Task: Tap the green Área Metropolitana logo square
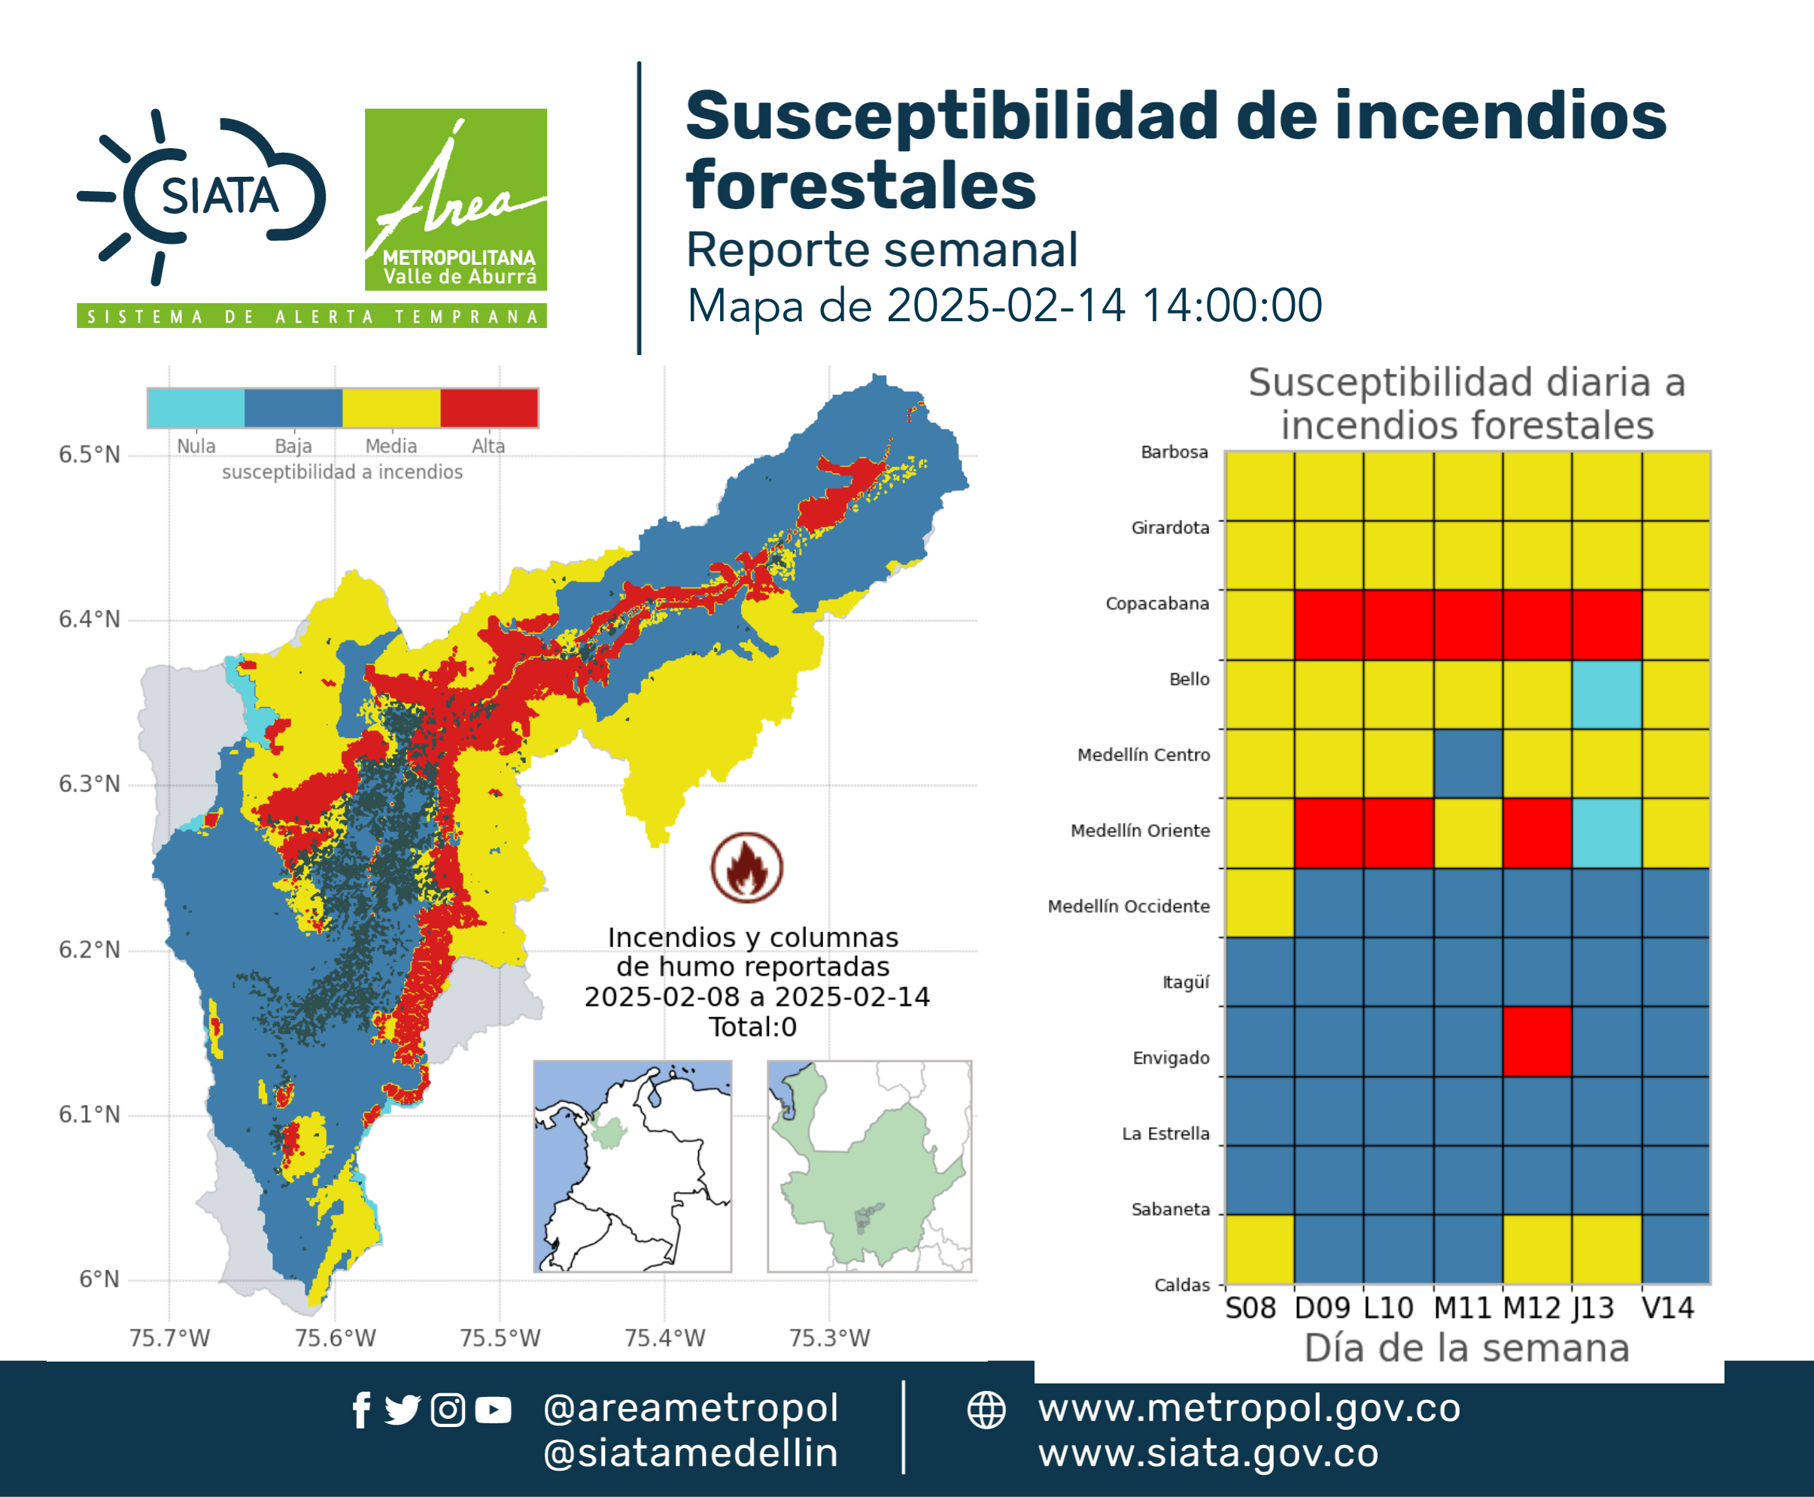(455, 199)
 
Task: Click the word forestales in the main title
(861, 185)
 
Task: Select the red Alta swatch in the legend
(489, 408)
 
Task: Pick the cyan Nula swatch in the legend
(196, 408)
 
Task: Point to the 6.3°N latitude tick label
(90, 785)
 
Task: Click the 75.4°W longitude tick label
(665, 1338)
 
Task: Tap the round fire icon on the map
(747, 867)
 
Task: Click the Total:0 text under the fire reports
(753, 1027)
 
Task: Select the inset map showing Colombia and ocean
(632, 1166)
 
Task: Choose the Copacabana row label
(1158, 603)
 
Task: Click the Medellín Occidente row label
(1129, 906)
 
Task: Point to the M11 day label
(1462, 1308)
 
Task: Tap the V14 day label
(1668, 1308)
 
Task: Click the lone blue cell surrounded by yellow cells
(1468, 764)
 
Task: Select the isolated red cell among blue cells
(1537, 1042)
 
